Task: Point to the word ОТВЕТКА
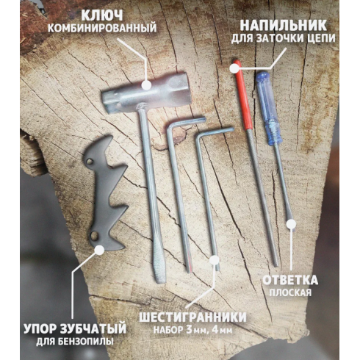tap(292, 281)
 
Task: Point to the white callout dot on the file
tap(234, 68)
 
